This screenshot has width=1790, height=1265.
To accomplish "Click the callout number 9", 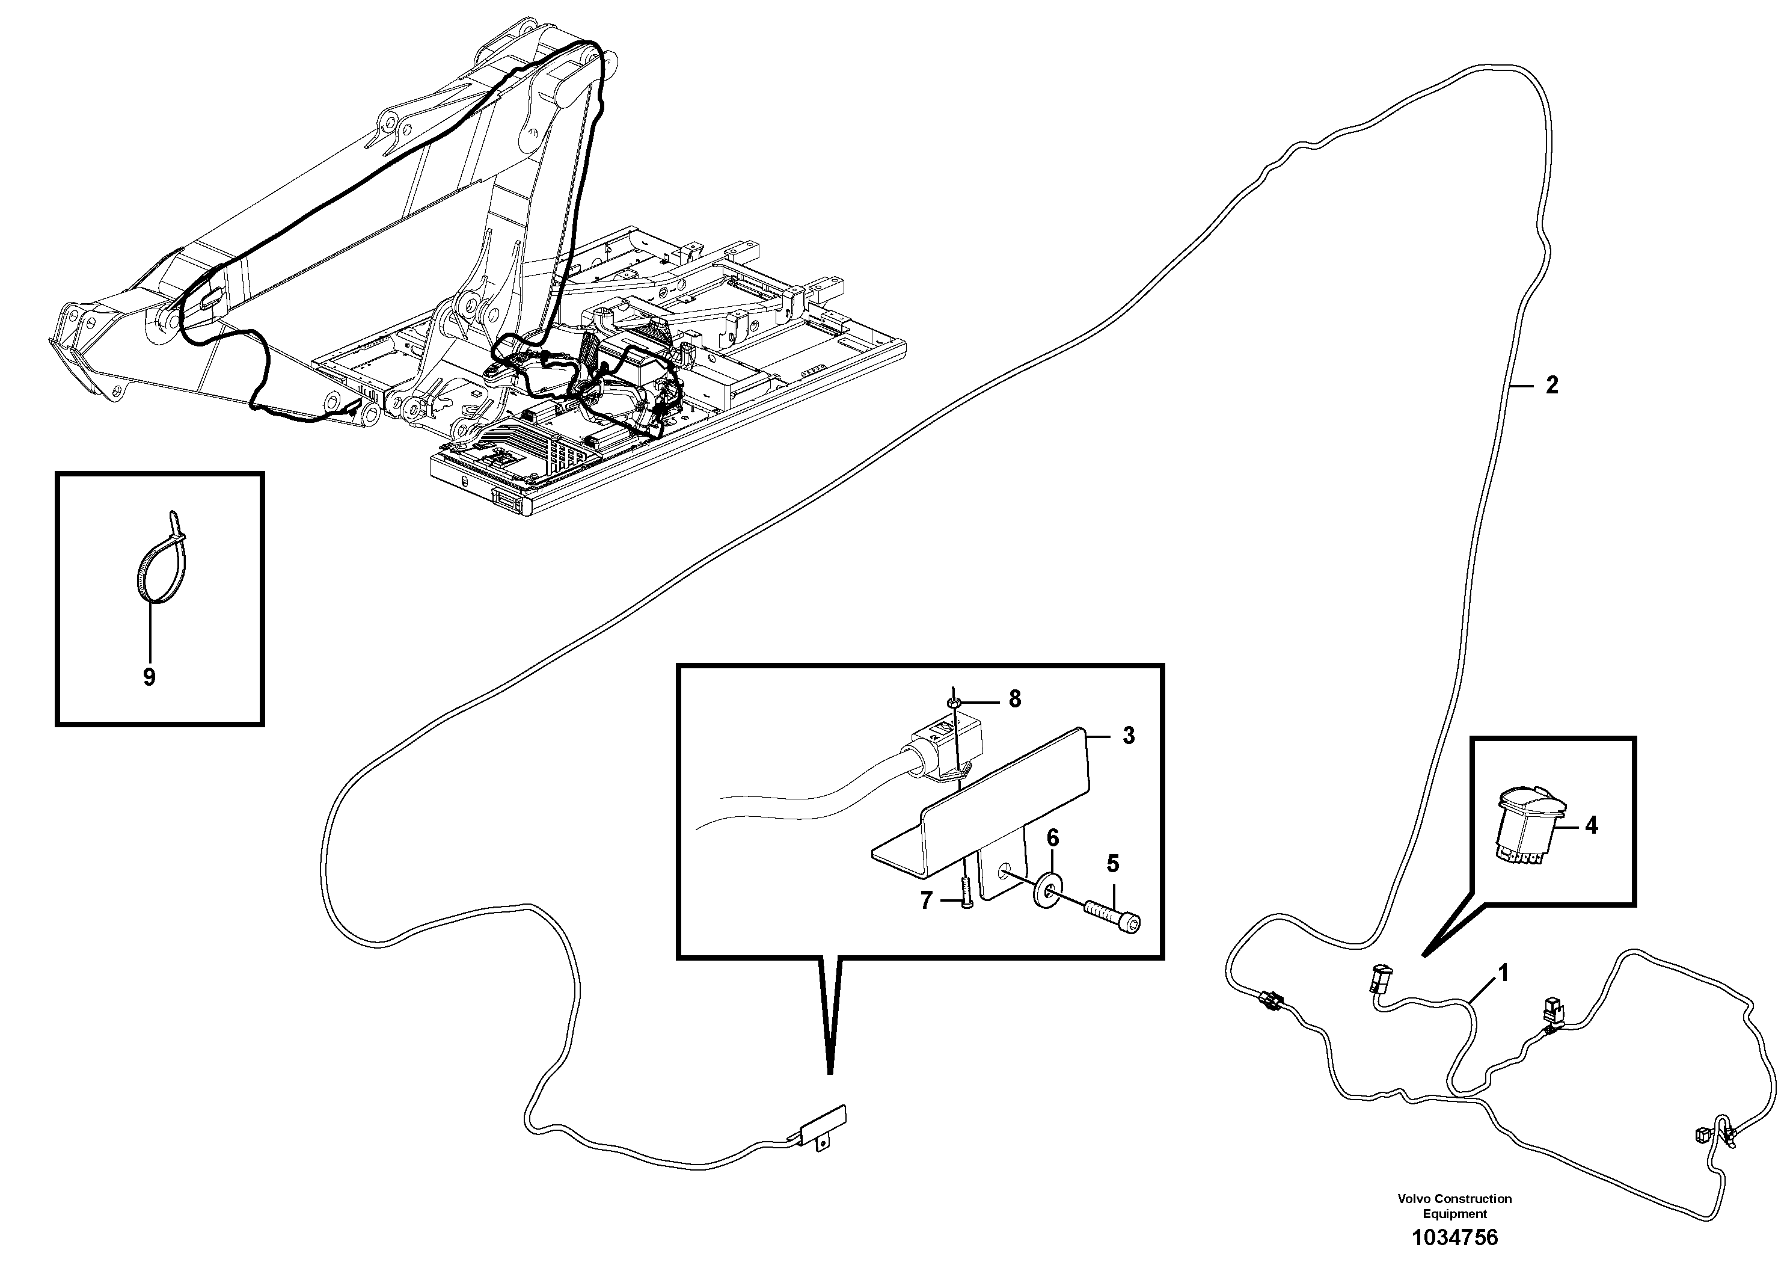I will pos(149,677).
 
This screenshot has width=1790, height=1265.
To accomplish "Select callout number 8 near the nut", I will pos(1014,700).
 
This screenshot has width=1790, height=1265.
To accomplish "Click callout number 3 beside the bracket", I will pos(1128,736).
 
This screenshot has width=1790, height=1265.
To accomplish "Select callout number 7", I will pos(926,901).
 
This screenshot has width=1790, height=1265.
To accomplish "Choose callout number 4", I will pos(1591,826).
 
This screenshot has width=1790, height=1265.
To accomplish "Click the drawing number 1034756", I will pos(1454,1238).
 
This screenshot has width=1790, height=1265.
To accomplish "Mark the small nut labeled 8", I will pos(952,703).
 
